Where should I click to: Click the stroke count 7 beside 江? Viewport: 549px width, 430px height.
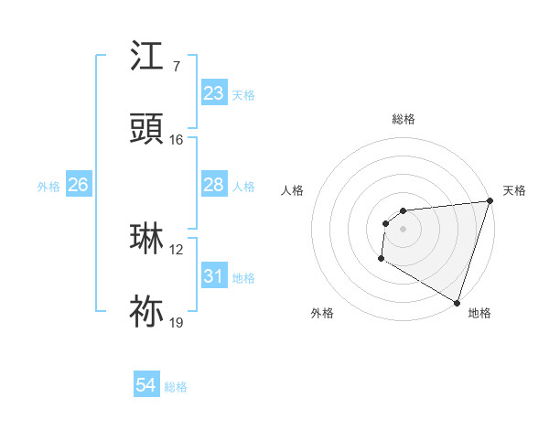tap(176, 67)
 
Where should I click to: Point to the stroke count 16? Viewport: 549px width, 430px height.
tap(176, 139)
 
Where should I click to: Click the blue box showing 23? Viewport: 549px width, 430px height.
tap(213, 93)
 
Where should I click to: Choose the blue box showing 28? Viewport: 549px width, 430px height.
tap(213, 185)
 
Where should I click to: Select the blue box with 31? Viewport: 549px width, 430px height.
tap(213, 276)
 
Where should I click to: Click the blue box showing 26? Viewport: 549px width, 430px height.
tap(78, 185)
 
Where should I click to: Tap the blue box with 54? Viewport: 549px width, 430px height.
tap(145, 386)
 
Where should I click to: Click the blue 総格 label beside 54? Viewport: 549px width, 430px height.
tap(176, 387)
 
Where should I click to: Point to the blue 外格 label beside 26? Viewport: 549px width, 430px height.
tap(48, 186)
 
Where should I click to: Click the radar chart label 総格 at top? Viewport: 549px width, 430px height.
tap(404, 119)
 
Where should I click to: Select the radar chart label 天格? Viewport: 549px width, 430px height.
tap(515, 190)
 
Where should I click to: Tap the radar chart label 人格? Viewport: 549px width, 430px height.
tap(293, 190)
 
